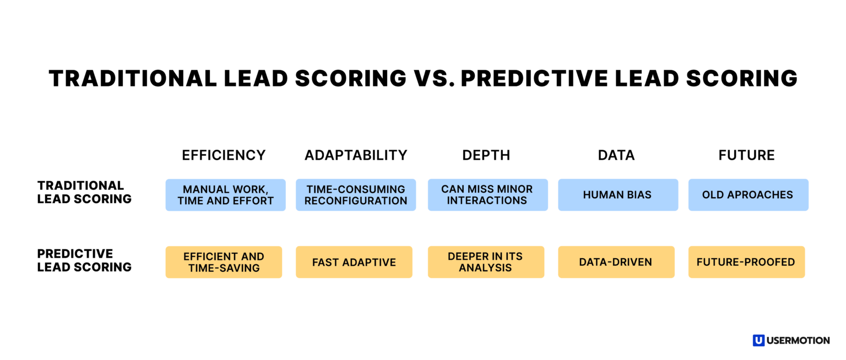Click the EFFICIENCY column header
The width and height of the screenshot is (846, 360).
pyautogui.click(x=224, y=155)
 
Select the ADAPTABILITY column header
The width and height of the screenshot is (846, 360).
pyautogui.click(x=356, y=155)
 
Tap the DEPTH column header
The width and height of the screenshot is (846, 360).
pyautogui.click(x=486, y=155)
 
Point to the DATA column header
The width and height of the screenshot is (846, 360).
pyautogui.click(x=616, y=155)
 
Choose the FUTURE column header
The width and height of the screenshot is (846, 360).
pyautogui.click(x=746, y=155)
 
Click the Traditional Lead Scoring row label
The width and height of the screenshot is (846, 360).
pyautogui.click(x=84, y=192)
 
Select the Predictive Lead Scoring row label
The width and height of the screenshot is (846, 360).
pyautogui.click(x=84, y=260)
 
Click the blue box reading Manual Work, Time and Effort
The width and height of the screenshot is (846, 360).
pyautogui.click(x=225, y=195)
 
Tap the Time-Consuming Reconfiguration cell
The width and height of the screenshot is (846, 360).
pyautogui.click(x=356, y=195)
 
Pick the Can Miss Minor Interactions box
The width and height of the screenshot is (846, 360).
pyautogui.click(x=487, y=195)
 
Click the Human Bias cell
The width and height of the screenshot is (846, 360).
pyautogui.click(x=617, y=195)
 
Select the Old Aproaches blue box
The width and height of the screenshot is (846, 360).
pyautogui.click(x=748, y=195)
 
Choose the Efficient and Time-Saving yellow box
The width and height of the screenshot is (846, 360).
pyautogui.click(x=224, y=262)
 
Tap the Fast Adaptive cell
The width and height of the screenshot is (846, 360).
pyautogui.click(x=354, y=262)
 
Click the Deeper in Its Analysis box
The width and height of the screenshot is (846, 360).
pyautogui.click(x=485, y=262)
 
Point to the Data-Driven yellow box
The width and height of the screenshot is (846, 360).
pyautogui.click(x=615, y=262)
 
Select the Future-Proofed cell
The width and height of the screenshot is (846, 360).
pyautogui.click(x=746, y=262)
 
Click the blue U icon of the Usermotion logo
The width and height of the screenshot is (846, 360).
pyautogui.click(x=758, y=340)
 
